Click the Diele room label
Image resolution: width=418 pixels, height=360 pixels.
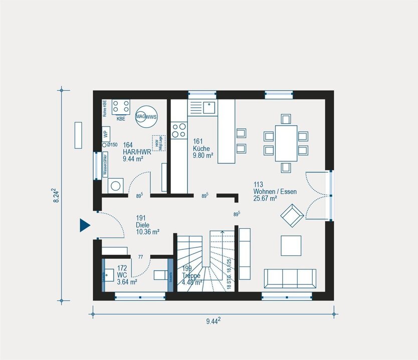pyautogui.click(x=148, y=225)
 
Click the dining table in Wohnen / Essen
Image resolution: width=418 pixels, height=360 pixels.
pyautogui.click(x=286, y=143)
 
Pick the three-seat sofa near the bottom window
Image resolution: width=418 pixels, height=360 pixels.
pyautogui.click(x=290, y=278)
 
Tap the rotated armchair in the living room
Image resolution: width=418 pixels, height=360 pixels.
pyautogui.click(x=291, y=215)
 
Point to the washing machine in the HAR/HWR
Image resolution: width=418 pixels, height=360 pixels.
pyautogui.click(x=116, y=185)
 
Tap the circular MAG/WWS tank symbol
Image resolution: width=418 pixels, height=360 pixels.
pyautogui.click(x=145, y=117)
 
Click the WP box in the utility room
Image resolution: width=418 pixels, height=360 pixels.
pyautogui.click(x=106, y=134)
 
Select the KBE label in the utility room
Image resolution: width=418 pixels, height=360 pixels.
pyautogui.click(x=121, y=119)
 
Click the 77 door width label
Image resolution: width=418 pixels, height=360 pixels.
pyautogui.click(x=141, y=257)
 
